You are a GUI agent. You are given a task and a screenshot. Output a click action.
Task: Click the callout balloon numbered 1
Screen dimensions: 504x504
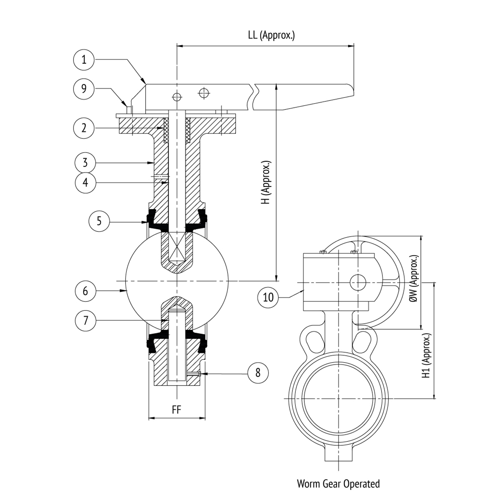(x=84, y=59)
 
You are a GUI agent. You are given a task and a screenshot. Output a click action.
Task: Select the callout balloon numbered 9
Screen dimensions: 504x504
(x=84, y=89)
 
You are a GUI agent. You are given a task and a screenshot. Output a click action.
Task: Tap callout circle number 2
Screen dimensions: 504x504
(x=84, y=128)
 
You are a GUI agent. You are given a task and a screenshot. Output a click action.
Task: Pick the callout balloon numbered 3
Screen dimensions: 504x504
(x=85, y=163)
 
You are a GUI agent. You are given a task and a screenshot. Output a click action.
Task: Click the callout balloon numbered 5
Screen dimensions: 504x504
(x=99, y=221)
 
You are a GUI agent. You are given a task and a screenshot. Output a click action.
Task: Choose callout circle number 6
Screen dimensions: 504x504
(x=85, y=291)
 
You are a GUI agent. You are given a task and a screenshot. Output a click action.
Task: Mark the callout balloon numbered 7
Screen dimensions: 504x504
(x=85, y=321)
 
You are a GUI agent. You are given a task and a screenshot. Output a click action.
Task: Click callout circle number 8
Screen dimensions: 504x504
(x=258, y=372)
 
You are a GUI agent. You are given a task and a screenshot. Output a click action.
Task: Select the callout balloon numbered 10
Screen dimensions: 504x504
(x=268, y=297)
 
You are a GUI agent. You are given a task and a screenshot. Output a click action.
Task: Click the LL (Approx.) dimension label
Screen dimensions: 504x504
(x=271, y=35)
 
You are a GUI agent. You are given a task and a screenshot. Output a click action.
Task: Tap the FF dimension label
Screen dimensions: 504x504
(x=176, y=410)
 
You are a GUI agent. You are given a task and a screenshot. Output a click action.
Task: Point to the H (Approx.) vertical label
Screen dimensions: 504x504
(x=266, y=183)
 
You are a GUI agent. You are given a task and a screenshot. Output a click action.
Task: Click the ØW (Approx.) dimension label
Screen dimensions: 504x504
(x=415, y=279)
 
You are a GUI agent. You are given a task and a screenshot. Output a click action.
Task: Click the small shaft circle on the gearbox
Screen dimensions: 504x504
(x=358, y=282)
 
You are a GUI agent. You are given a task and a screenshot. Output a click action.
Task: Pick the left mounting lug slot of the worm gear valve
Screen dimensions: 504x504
(x=314, y=341)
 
